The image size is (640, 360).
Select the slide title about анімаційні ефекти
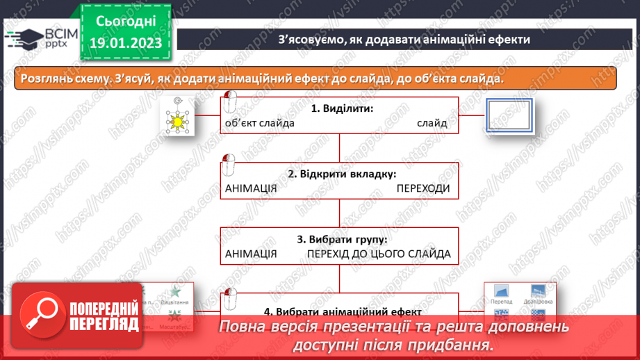click(404, 40)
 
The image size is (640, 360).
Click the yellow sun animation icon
click(178, 122)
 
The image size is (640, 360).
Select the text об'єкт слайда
click(260, 123)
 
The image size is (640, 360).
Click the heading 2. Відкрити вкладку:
click(342, 173)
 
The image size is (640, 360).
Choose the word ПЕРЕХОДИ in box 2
click(423, 188)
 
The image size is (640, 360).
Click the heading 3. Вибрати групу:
click(342, 238)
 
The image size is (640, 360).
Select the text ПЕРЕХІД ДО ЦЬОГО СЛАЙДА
click(379, 254)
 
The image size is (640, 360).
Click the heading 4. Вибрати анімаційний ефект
click(342, 311)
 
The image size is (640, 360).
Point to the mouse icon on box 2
click(228, 165)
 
